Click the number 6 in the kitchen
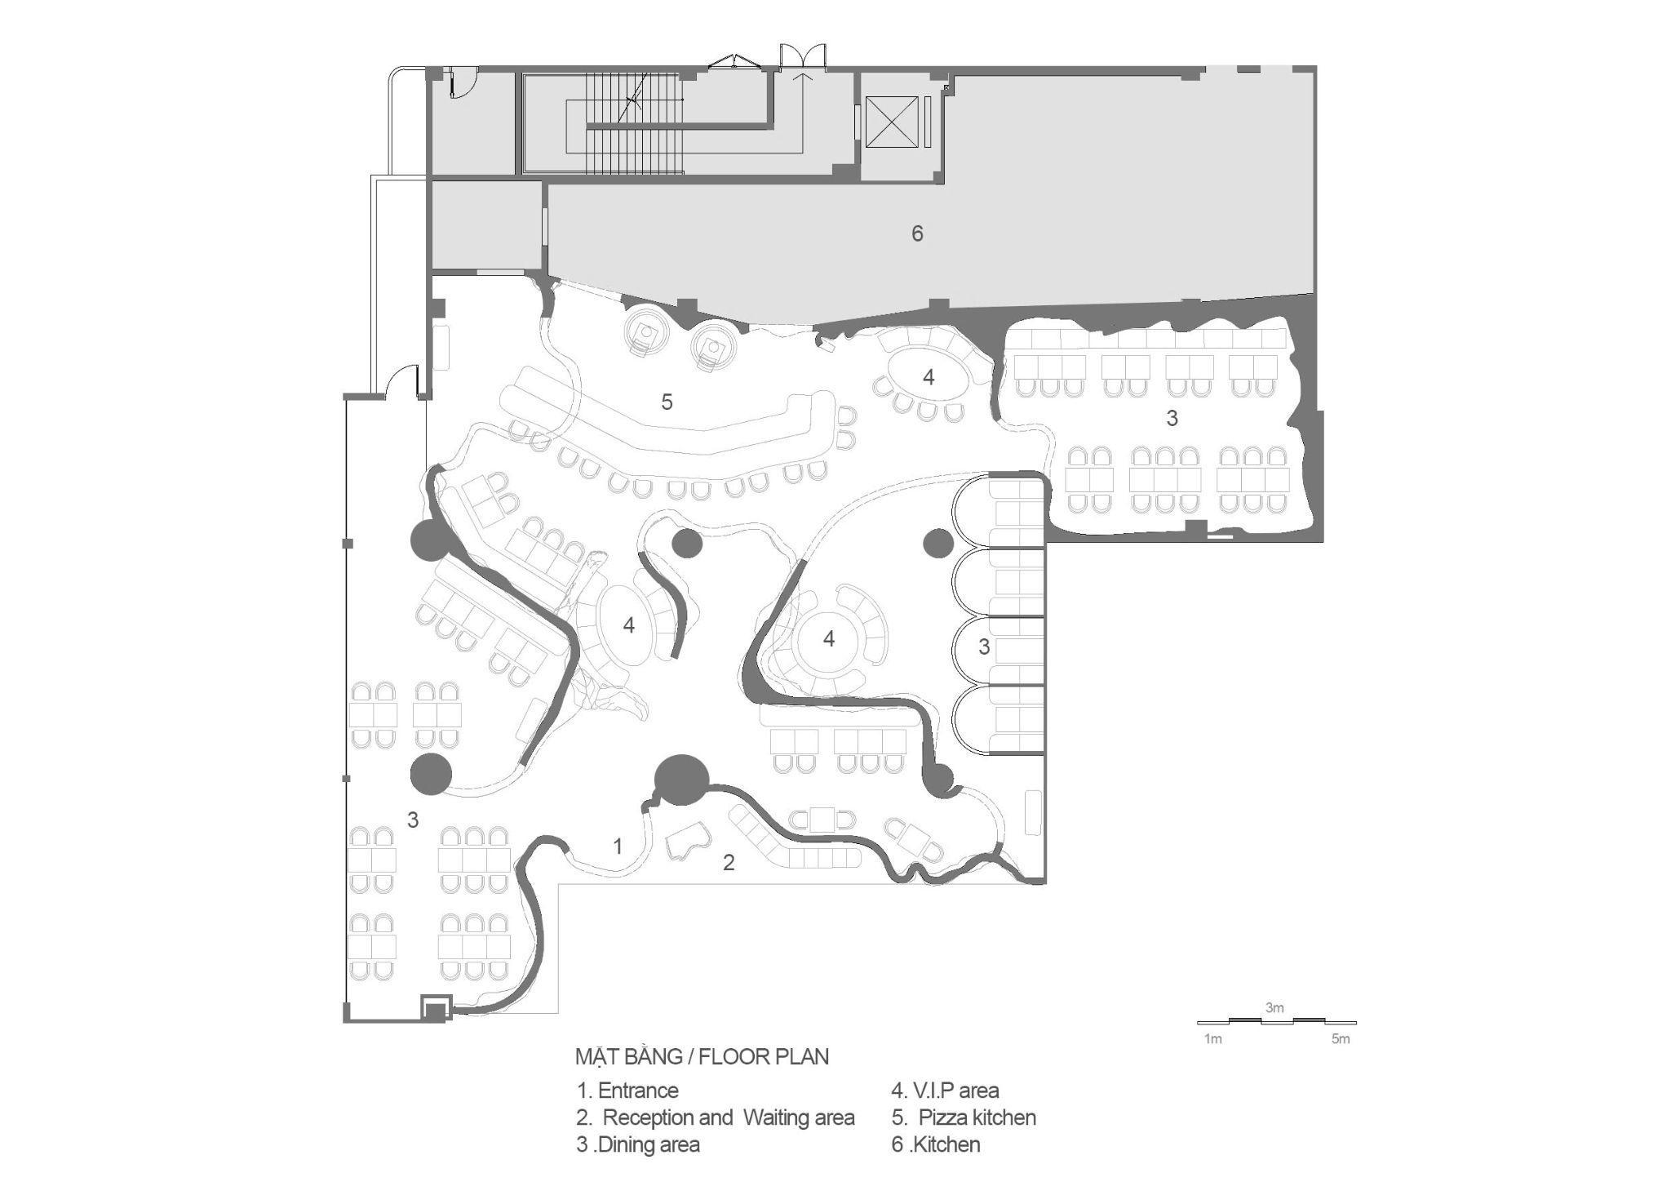point(917,233)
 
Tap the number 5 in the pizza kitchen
point(667,402)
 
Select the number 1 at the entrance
point(618,847)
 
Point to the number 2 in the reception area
point(729,862)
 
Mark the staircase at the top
point(633,122)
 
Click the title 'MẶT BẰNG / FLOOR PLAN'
point(702,1057)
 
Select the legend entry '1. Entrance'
point(627,1091)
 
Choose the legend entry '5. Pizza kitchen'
point(964,1118)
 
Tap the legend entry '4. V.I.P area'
point(945,1091)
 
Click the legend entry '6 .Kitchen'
point(936,1144)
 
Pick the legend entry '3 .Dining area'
point(638,1144)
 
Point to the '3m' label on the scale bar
point(1274,1008)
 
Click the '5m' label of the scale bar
point(1341,1039)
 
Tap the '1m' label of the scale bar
point(1213,1039)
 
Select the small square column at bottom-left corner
point(435,1009)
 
